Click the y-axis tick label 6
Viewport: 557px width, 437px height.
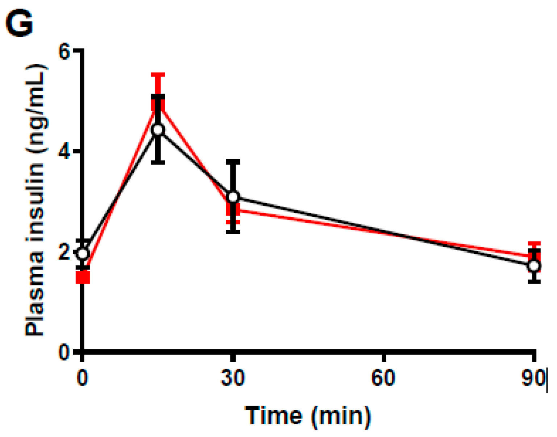point(64,50)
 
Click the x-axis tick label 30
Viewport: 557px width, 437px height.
point(233,378)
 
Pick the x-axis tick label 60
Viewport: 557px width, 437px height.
point(383,378)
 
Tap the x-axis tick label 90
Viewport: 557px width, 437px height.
point(533,378)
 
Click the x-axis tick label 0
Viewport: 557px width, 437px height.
point(83,378)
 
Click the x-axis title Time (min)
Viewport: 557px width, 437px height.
point(308,415)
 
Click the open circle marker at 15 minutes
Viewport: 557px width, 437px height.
point(158,130)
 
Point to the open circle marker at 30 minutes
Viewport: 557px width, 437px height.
point(233,197)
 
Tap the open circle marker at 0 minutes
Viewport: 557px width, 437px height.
point(83,253)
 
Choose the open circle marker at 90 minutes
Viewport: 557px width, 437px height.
point(534,266)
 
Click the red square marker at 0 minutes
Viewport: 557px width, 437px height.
point(83,278)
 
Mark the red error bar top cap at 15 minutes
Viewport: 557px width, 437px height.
point(158,75)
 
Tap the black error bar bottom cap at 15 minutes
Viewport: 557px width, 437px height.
point(158,162)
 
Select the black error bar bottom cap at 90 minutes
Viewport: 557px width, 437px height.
point(534,281)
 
